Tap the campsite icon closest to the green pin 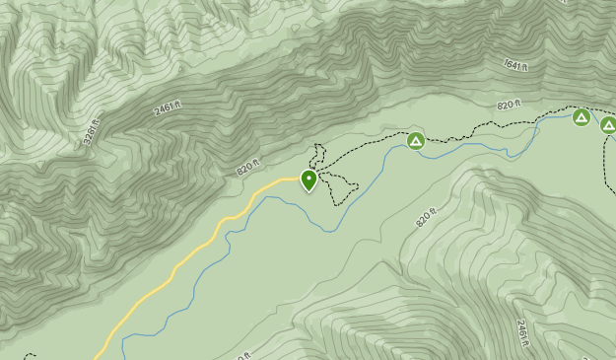tap(416, 141)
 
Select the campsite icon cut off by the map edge tap(609, 124)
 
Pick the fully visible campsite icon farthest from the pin tap(582, 117)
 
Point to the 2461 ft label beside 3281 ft tap(169, 108)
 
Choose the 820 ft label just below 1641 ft tap(509, 105)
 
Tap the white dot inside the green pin tap(309, 179)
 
